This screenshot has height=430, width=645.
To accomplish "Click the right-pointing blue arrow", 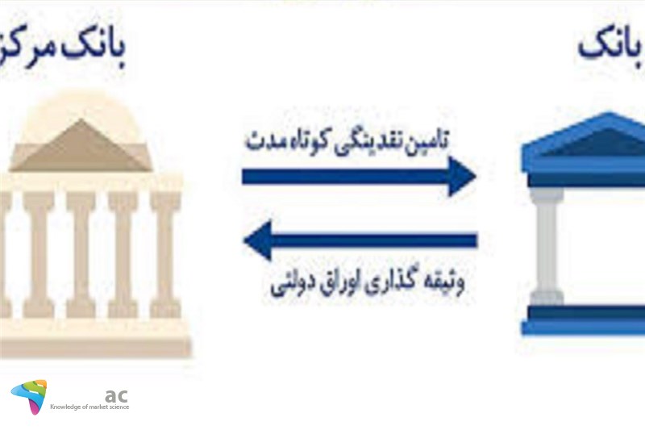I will click(359, 176).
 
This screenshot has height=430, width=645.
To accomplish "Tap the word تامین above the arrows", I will click(433, 142).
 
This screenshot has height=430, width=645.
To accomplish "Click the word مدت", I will click(266, 141).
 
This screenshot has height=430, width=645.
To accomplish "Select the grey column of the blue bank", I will click(546, 242).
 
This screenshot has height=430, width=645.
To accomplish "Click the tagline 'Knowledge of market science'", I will click(89, 407).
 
